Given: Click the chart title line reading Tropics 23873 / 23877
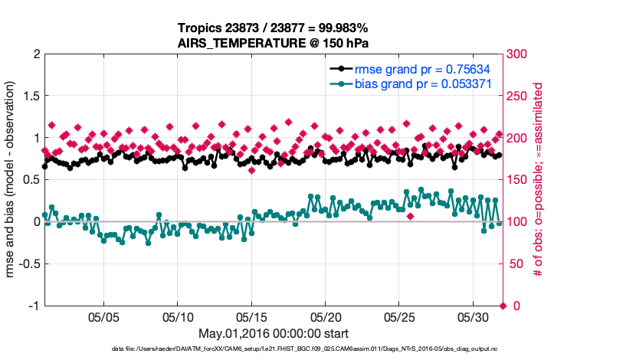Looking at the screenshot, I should tap(274, 28).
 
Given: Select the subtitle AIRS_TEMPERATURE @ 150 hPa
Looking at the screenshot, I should tap(274, 43).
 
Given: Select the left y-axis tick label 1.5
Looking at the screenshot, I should tap(30, 97).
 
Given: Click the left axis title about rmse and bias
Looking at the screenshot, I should tap(11, 180).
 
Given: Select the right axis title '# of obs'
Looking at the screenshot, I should tap(539, 180).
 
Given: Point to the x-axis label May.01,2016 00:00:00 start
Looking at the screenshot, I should tap(274, 333).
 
